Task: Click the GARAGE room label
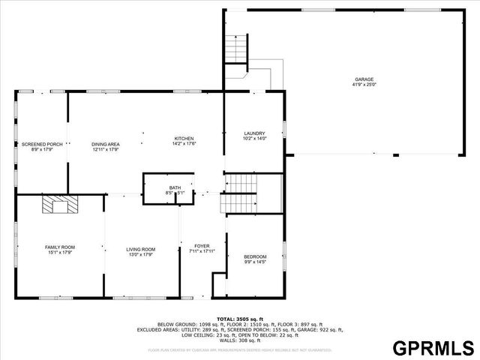[364, 79]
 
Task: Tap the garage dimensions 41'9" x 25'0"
[364, 85]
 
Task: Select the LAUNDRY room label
[254, 133]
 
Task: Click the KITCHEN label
[184, 139]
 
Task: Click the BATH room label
[175, 187]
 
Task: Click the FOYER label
[202, 246]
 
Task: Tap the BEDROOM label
[255, 257]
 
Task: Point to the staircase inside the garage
[237, 49]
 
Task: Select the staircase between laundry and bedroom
[241, 193]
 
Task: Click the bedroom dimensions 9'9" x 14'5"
[255, 262]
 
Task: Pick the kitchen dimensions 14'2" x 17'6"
[184, 144]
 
